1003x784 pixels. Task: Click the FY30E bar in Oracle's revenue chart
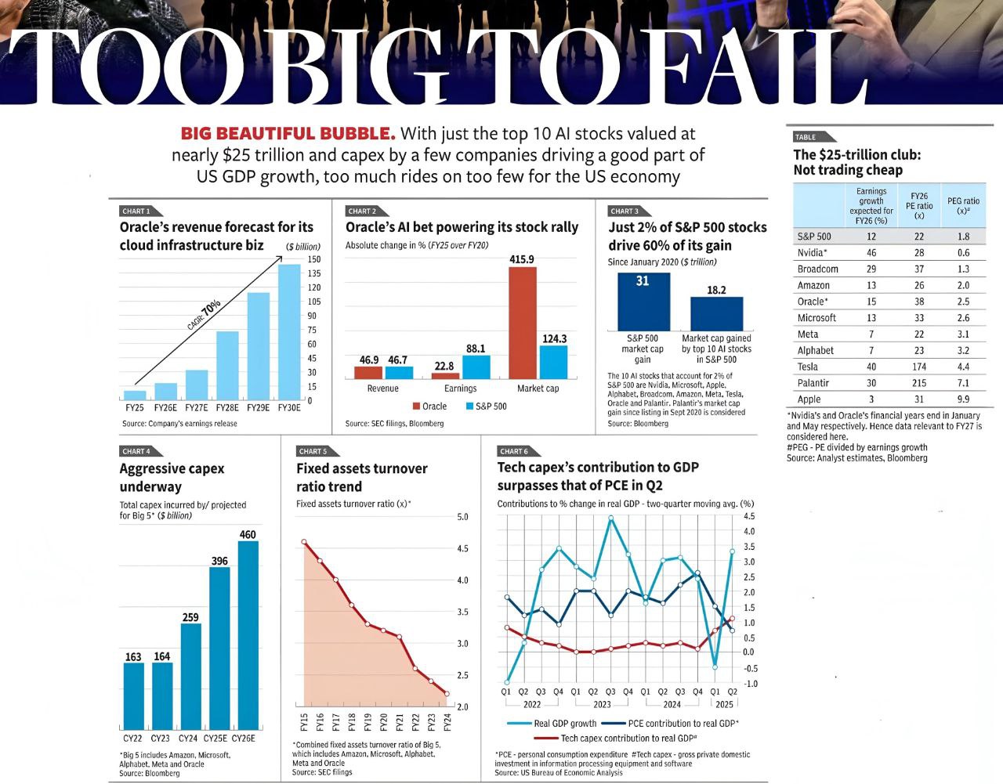289,333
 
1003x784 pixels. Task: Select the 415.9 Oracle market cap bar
523,323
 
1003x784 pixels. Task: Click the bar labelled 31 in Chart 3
643,302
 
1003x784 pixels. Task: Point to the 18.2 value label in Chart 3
716,290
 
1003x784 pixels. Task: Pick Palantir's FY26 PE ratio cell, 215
918,383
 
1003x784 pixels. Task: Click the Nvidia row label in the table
813,253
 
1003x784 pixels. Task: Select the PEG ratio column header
963,206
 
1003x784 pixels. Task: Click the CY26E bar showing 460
248,635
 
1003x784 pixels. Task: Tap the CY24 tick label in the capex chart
188,739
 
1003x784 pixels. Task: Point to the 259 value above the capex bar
190,617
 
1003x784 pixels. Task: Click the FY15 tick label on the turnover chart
304,721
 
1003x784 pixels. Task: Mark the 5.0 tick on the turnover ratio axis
462,517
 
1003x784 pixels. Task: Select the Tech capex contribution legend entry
619,739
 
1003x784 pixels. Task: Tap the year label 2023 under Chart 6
602,704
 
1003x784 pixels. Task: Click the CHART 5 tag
313,451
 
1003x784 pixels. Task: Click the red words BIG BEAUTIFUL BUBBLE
288,134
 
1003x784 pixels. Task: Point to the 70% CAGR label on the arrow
211,307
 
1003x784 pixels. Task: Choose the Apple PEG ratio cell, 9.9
963,399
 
